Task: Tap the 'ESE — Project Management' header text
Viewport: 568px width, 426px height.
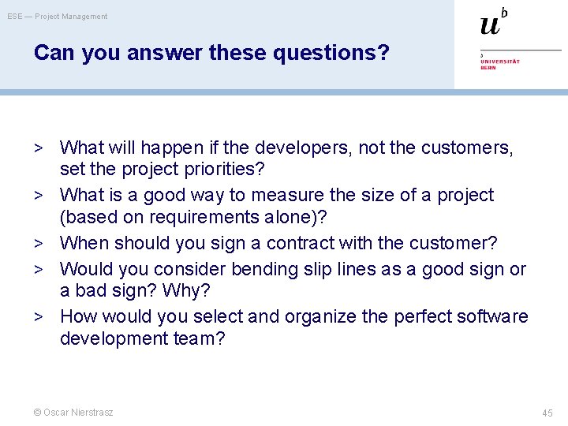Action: coord(58,17)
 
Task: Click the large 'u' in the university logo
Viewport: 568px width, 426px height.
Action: coord(490,25)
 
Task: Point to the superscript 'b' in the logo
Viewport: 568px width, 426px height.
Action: coord(504,12)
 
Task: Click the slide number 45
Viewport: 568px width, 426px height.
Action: coord(547,413)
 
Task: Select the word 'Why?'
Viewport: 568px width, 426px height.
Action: coord(186,291)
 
